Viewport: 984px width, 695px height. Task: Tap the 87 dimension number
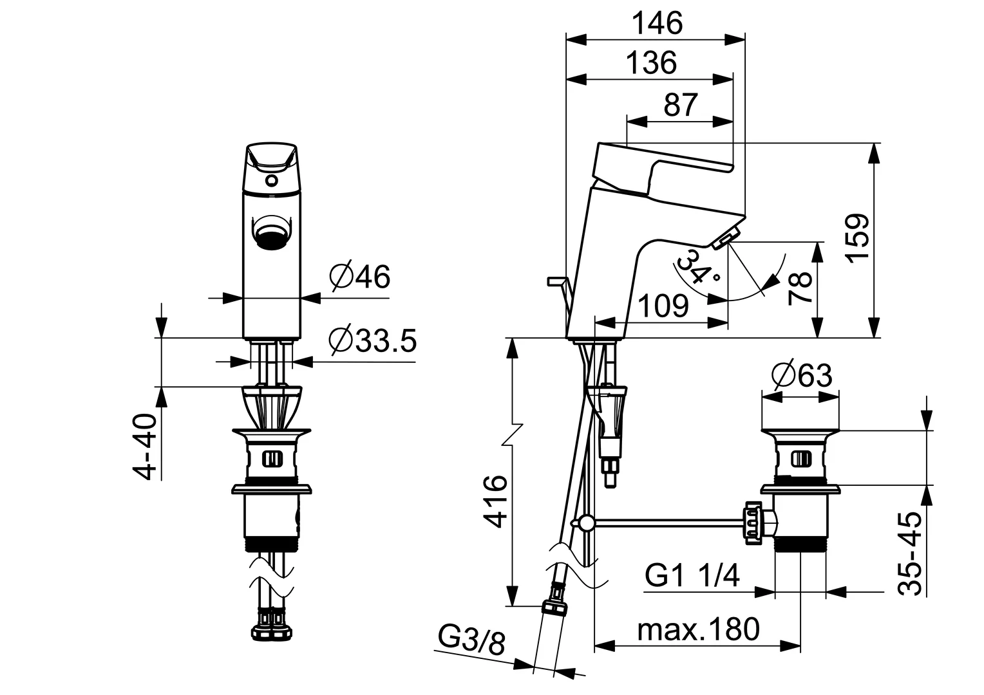point(681,105)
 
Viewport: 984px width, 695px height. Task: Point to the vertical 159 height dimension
point(858,237)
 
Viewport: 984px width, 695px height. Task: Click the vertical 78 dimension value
point(800,288)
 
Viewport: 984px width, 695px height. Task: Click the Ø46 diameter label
point(359,277)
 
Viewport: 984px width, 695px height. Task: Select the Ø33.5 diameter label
point(372,340)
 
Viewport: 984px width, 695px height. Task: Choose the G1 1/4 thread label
point(692,575)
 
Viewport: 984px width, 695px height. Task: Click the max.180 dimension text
point(698,629)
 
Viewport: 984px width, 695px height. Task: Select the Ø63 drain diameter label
point(802,375)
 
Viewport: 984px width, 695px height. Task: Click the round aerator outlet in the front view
point(272,233)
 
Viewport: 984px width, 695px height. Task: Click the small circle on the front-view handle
point(272,181)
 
